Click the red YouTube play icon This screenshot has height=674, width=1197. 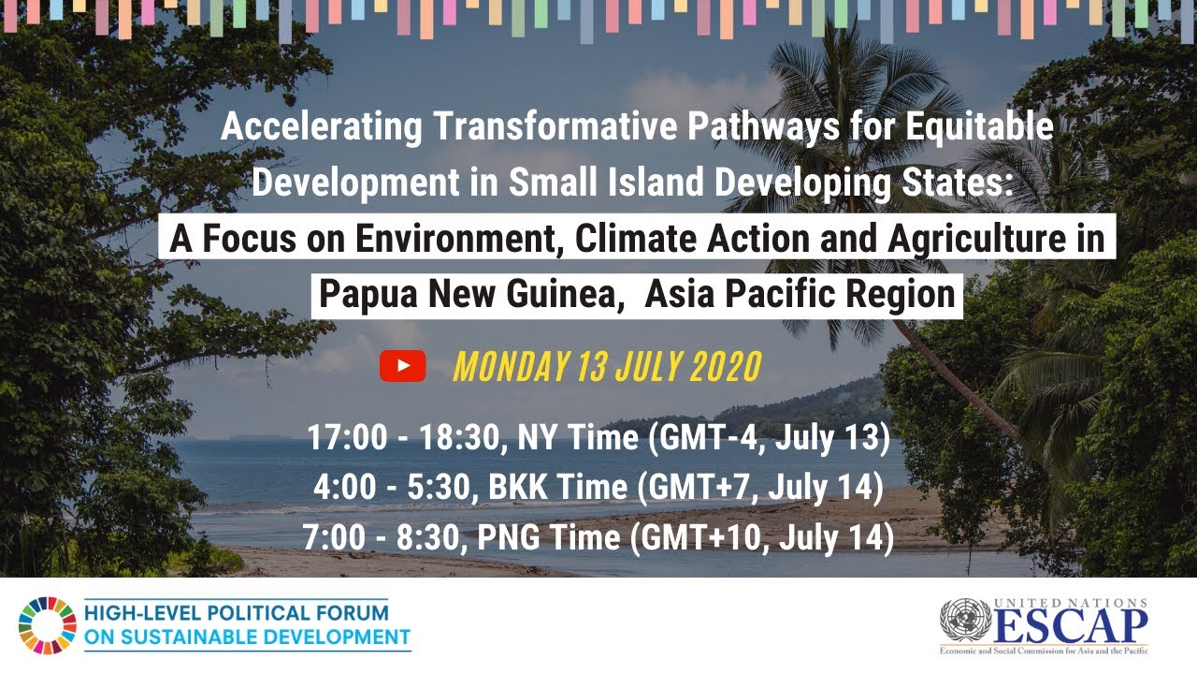[403, 366]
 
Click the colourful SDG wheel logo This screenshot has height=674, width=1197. [47, 625]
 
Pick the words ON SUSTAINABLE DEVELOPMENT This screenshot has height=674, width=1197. [247, 638]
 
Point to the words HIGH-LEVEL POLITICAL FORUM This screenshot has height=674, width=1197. [235, 614]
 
